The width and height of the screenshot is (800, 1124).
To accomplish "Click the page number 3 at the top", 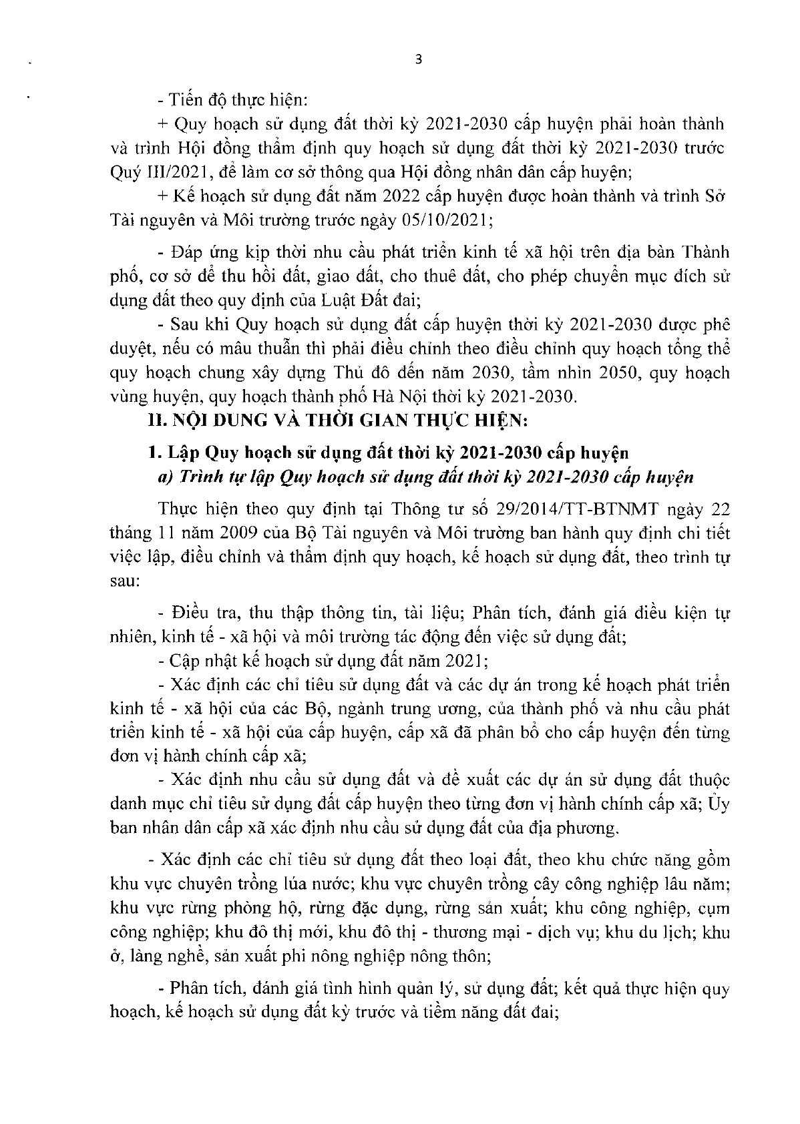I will tap(418, 59).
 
